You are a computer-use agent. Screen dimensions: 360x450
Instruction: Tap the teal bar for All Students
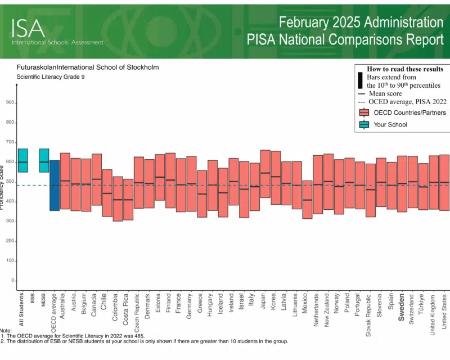[22, 160]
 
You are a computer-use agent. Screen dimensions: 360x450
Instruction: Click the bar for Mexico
[307, 200]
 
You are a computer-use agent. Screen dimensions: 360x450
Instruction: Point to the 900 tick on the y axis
[10, 103]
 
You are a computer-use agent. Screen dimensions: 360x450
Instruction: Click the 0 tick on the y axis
[11, 281]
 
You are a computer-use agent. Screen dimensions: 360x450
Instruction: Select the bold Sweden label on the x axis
[402, 307]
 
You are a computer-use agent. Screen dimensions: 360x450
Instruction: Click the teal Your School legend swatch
[363, 124]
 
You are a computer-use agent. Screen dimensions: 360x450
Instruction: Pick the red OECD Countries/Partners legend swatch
[363, 112]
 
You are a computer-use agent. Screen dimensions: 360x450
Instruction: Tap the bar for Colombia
[118, 199]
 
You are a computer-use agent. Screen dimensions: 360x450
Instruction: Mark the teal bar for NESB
[43, 160]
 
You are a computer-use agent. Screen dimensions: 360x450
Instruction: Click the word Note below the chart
[6, 330]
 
